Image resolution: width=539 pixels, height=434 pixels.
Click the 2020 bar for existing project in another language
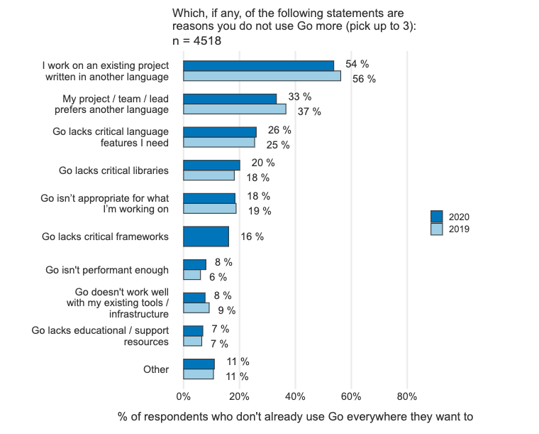click(258, 66)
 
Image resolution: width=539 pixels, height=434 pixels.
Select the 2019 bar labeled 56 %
click(262, 76)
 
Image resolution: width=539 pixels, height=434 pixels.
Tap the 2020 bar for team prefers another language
click(230, 99)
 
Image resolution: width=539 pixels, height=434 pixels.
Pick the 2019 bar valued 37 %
click(235, 109)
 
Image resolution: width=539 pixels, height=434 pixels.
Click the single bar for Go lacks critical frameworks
click(206, 237)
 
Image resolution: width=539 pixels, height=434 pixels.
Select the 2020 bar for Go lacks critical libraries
click(211, 165)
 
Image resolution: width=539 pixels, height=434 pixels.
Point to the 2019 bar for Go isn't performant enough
click(191, 275)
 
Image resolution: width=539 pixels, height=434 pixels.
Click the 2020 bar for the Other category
click(199, 364)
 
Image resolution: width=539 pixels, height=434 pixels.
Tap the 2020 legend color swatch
click(437, 217)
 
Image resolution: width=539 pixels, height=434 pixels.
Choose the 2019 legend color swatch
click(437, 229)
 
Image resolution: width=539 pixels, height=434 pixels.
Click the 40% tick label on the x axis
click(295, 396)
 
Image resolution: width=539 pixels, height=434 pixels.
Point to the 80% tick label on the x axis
click(407, 396)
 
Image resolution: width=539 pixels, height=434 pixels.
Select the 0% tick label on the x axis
click(183, 396)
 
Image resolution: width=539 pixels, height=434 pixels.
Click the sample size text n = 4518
click(197, 41)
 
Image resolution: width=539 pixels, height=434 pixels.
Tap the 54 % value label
click(357, 64)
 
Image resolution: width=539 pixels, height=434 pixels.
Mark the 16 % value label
click(252, 237)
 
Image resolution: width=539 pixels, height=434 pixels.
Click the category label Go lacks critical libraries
click(113, 170)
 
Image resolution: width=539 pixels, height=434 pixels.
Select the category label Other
click(156, 369)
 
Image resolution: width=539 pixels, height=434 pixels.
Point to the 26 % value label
click(280, 130)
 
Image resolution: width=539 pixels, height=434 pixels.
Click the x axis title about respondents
click(295, 417)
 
